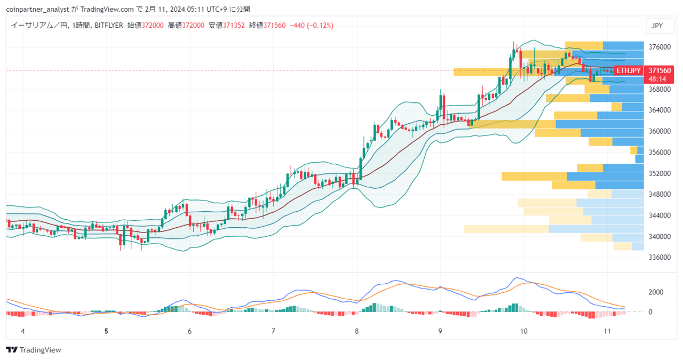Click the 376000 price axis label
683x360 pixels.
coord(660,47)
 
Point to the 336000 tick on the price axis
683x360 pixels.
coord(660,257)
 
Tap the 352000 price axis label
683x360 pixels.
coord(660,173)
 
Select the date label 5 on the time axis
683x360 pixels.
coord(106,331)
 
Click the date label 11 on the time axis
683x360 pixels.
coord(607,331)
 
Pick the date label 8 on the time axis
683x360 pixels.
coord(357,331)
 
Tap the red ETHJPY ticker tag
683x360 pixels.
coord(629,71)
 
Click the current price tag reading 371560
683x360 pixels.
coord(660,70)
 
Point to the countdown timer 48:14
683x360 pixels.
coord(657,79)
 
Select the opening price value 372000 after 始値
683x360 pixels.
coord(153,25)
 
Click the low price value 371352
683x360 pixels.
coord(234,25)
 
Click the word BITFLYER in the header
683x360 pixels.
coord(109,25)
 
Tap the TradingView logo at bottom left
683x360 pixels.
coord(34,350)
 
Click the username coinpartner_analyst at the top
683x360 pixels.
coord(37,10)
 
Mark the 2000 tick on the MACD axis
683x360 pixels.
coord(656,292)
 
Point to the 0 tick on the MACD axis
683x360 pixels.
coord(650,312)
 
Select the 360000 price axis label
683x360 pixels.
coord(660,131)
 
